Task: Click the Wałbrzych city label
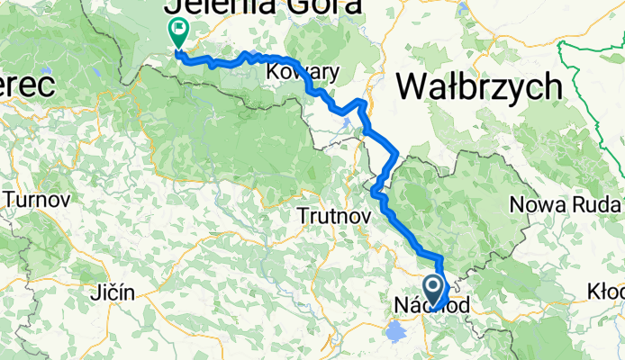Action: (x=478, y=87)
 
